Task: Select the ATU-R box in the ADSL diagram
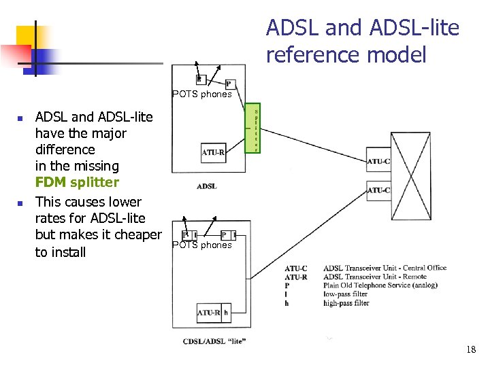213,153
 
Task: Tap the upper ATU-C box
378,161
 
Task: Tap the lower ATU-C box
378,190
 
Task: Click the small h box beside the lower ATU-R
226,313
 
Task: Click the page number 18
471,349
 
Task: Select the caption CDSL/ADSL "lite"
214,340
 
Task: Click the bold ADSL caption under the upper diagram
206,186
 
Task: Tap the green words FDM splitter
77,182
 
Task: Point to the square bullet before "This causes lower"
20,203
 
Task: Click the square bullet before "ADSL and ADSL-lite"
20,118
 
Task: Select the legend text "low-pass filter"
346,294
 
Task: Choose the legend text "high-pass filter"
346,303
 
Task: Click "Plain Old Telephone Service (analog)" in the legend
380,285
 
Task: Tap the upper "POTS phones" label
202,94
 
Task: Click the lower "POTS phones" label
202,245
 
